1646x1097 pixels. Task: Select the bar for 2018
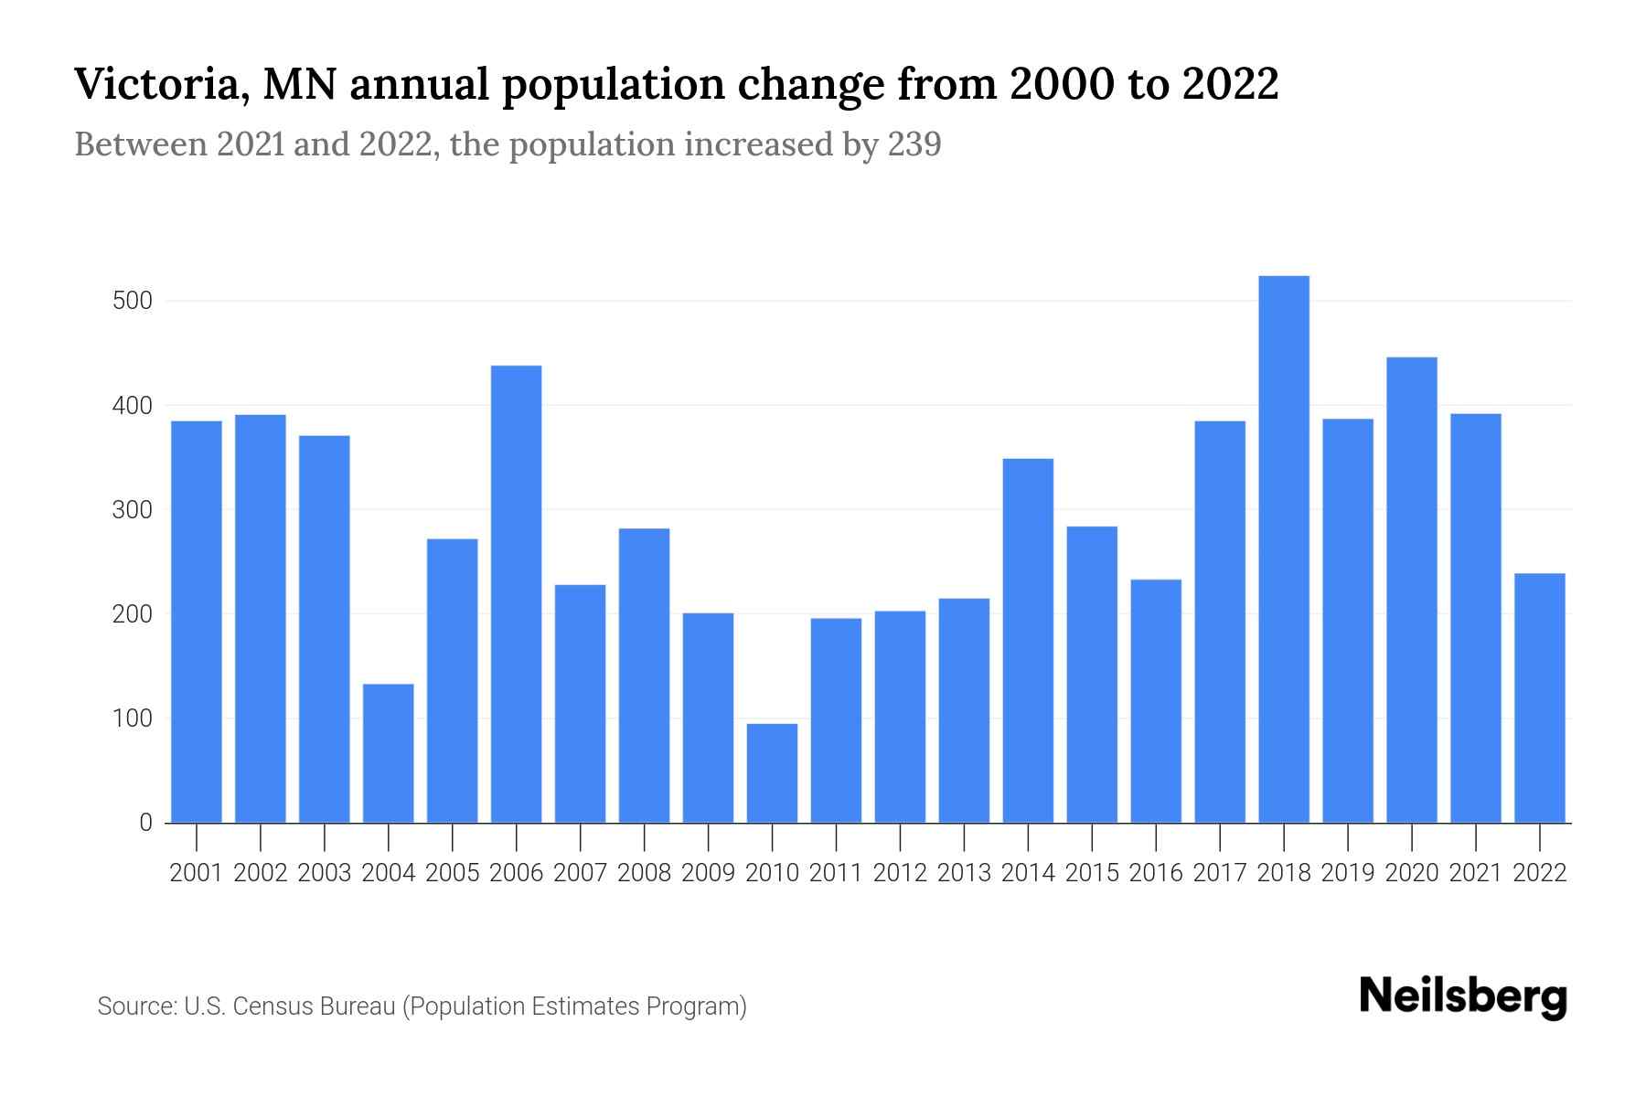click(x=1284, y=548)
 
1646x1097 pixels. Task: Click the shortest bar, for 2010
click(x=772, y=773)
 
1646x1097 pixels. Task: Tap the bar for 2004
click(x=389, y=753)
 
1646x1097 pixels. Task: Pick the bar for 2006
click(x=516, y=594)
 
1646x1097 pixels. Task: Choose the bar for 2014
click(x=1028, y=640)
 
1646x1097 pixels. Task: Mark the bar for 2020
click(x=1412, y=590)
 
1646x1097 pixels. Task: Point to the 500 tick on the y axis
click(x=132, y=301)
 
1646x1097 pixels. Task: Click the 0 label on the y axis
click(x=145, y=823)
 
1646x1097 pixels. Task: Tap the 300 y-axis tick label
click(x=132, y=509)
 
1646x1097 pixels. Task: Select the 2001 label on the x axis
click(x=197, y=873)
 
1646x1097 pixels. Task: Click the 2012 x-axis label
click(x=900, y=873)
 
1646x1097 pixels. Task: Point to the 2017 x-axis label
click(x=1220, y=873)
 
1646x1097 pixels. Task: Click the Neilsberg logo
click(x=1463, y=996)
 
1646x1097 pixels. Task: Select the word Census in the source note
click(x=269, y=1006)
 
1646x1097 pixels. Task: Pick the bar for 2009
click(x=708, y=718)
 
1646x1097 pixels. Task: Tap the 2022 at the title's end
click(x=1230, y=85)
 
